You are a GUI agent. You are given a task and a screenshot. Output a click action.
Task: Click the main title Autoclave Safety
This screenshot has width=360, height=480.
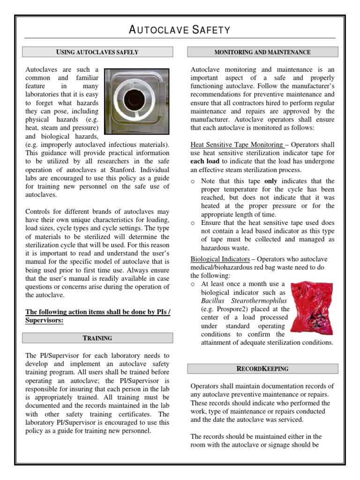click(180, 30)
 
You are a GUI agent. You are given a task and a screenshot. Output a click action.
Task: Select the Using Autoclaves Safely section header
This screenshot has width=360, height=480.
click(97, 52)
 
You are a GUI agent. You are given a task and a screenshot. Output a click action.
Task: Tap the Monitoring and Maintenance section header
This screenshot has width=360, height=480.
click(262, 52)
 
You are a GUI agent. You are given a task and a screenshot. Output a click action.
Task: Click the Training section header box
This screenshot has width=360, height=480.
click(97, 338)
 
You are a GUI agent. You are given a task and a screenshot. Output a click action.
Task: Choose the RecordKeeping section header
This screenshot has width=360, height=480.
click(262, 368)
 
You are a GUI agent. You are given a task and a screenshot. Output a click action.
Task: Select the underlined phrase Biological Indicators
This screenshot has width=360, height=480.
click(220, 259)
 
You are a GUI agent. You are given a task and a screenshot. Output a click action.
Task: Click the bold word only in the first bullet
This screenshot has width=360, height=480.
click(271, 181)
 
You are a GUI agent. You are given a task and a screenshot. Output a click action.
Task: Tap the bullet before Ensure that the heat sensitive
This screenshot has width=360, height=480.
click(193, 223)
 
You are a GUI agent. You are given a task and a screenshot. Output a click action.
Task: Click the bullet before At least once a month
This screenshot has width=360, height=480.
click(193, 285)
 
